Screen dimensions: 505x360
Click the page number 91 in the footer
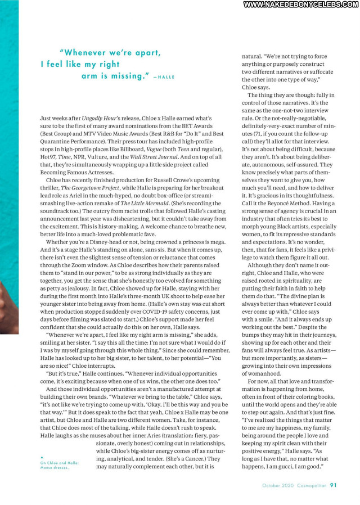(334, 485)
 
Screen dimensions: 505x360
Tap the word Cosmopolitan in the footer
(308, 485)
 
